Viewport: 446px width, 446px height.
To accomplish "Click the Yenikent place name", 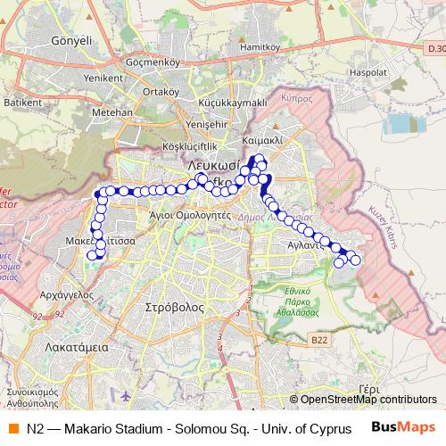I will point(103,78).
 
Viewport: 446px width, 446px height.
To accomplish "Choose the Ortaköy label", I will point(161,91).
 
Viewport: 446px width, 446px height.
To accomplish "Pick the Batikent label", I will point(22,103).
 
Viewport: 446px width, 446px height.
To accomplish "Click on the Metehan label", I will point(111,112).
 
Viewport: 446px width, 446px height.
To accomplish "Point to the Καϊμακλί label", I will point(261,141).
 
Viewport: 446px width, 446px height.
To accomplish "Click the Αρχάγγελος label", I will point(67,293).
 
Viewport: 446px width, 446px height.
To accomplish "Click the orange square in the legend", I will point(13,427).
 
